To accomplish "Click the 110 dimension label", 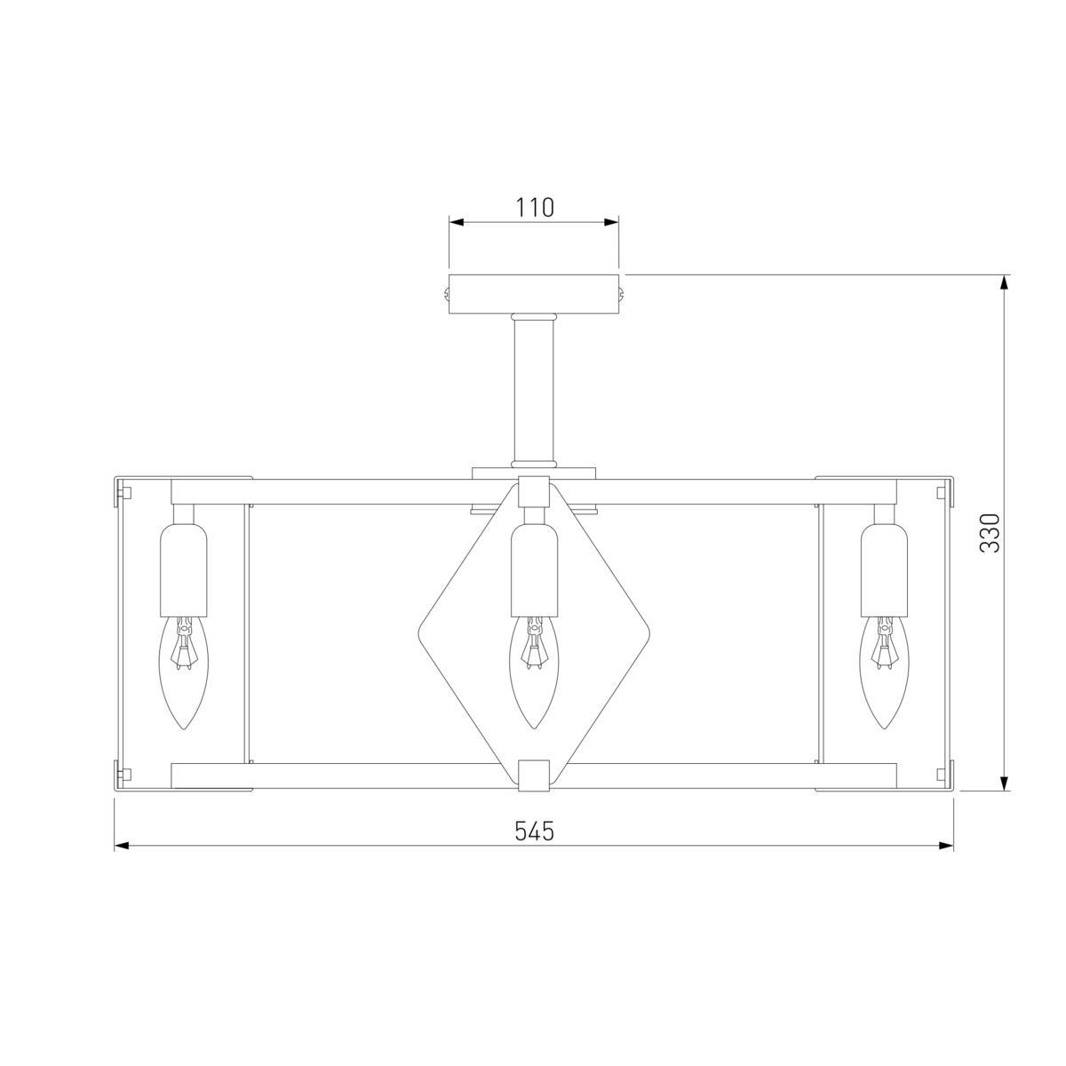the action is point(535,208).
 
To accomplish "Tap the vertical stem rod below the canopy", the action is point(533,390).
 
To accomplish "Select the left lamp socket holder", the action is point(183,569).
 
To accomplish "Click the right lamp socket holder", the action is point(884,569).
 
